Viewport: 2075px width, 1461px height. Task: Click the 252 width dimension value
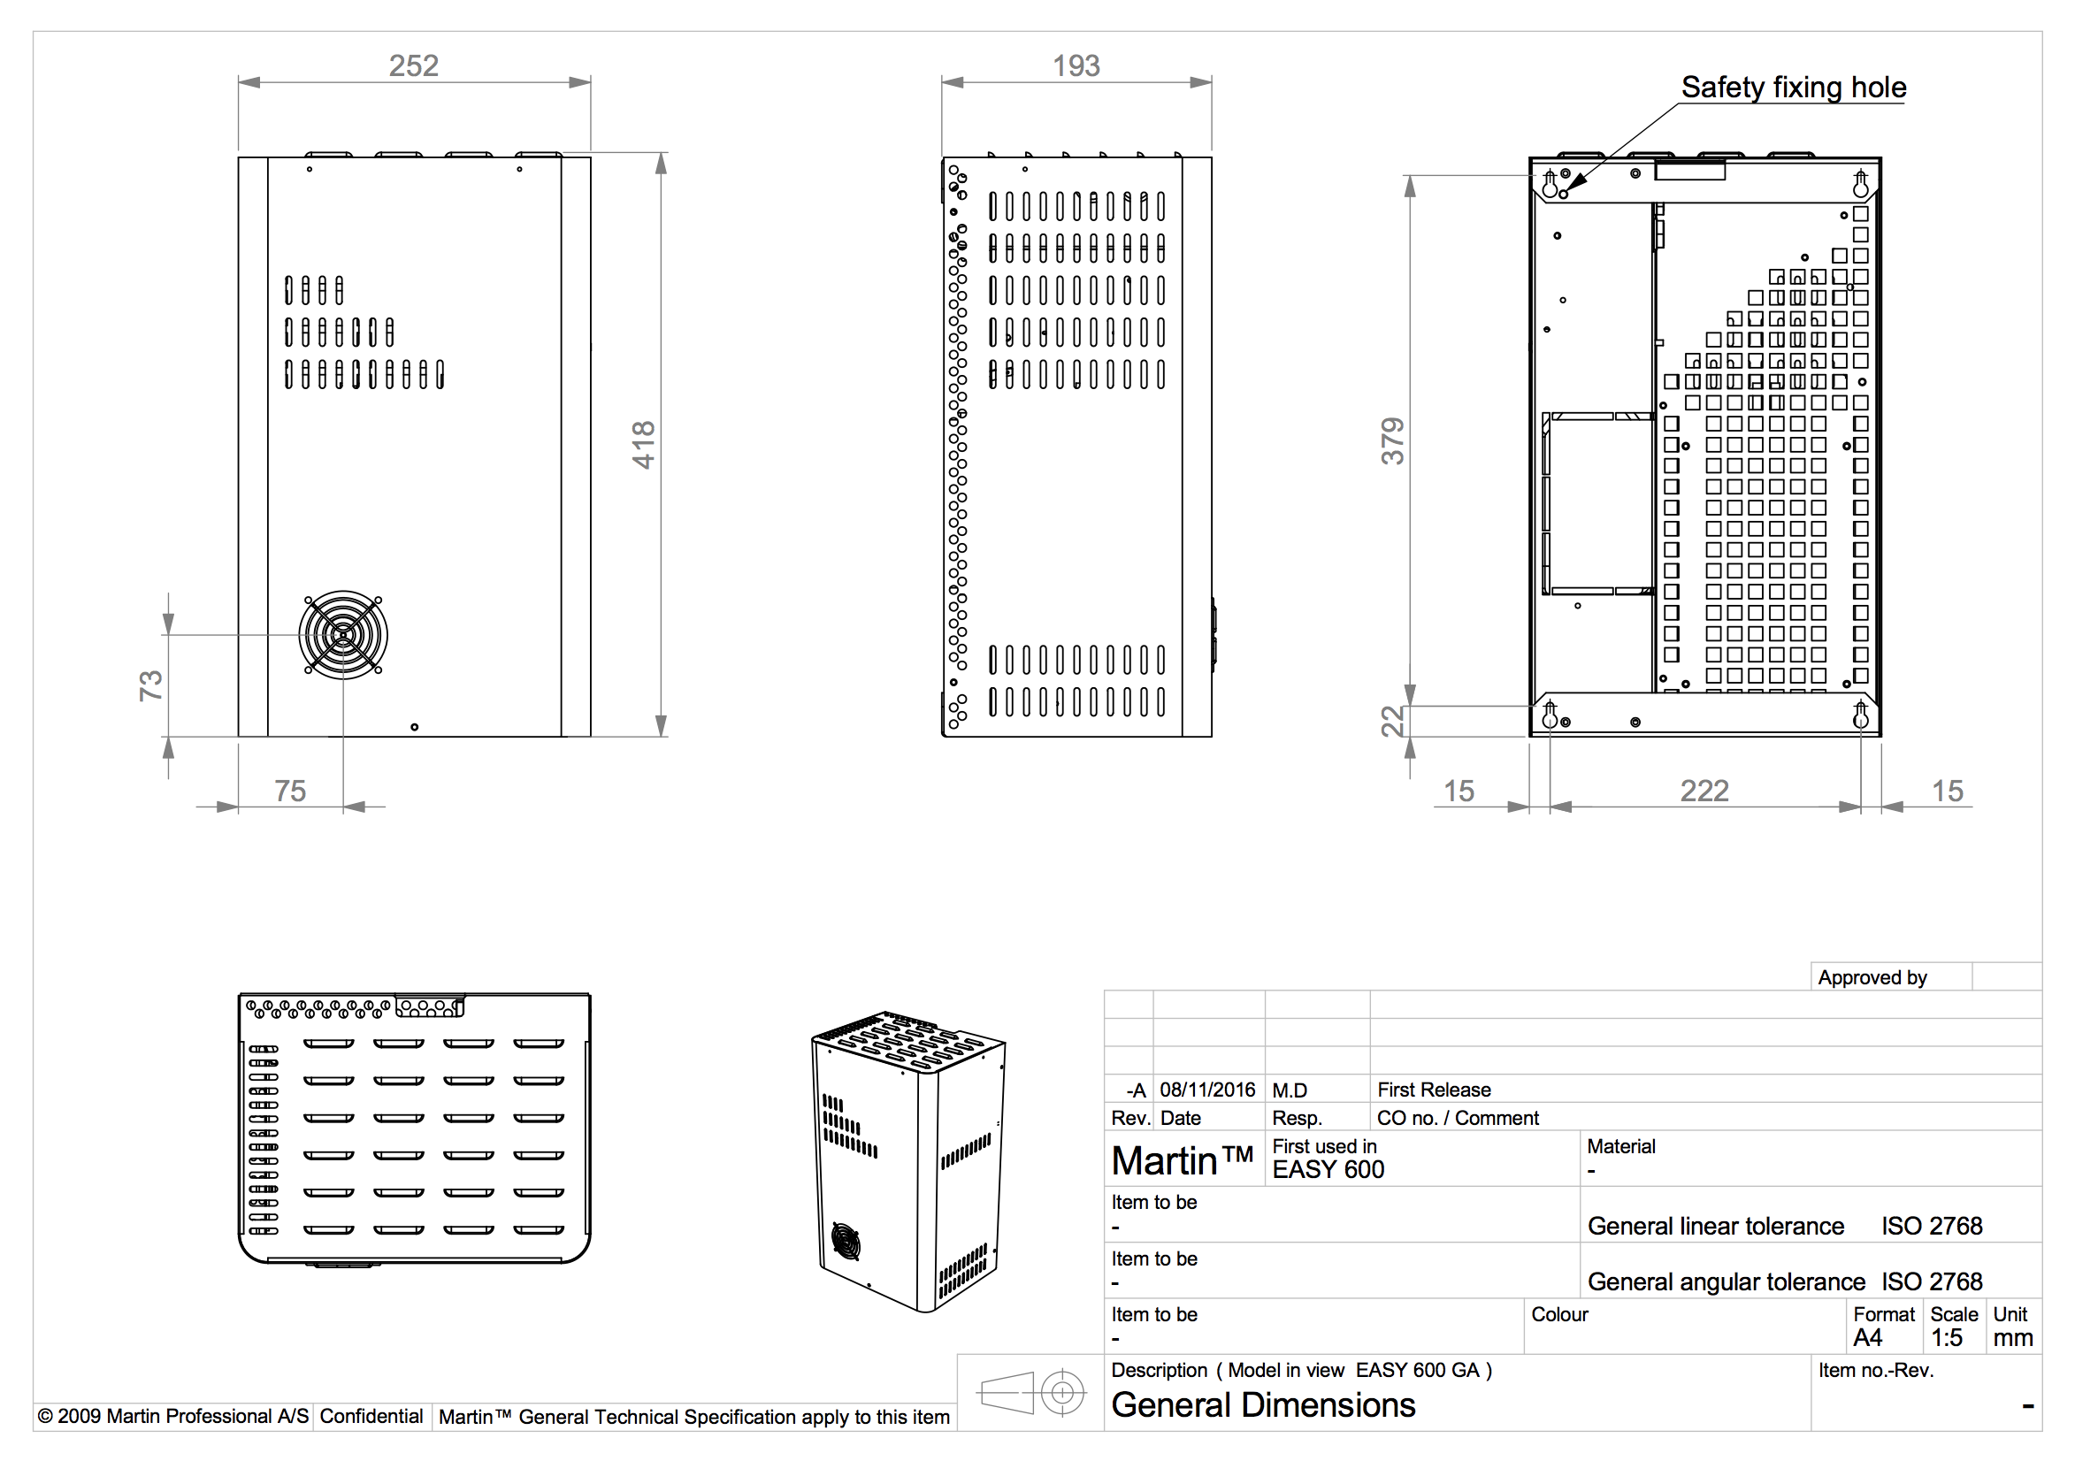(x=413, y=66)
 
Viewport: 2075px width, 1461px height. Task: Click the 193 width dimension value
(x=1076, y=66)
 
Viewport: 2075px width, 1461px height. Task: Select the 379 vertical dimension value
(x=1393, y=441)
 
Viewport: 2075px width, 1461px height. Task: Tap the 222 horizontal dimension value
(x=1704, y=792)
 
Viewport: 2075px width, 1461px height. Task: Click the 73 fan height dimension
(x=151, y=685)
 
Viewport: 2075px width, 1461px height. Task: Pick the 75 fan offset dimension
(x=290, y=792)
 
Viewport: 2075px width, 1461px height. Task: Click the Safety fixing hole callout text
(x=1793, y=88)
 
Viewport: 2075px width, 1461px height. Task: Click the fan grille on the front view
(x=343, y=634)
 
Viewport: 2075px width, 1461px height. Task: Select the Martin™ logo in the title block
(x=1182, y=1161)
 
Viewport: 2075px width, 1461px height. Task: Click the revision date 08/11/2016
(x=1207, y=1090)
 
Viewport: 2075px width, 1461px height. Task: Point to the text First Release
(x=1434, y=1090)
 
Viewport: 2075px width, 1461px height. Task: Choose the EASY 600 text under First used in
(x=1328, y=1170)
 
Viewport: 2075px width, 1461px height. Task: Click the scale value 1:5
(x=1946, y=1338)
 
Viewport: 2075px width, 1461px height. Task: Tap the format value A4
(x=1867, y=1338)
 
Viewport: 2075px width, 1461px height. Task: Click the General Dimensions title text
(x=1262, y=1406)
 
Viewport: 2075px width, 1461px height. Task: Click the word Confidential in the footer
(x=371, y=1417)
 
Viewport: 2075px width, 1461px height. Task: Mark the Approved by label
(x=1872, y=977)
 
